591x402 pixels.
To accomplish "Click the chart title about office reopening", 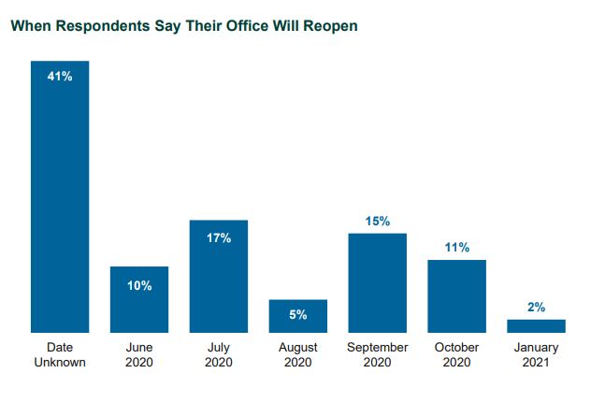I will click(x=184, y=26).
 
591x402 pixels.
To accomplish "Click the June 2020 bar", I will click(x=139, y=304).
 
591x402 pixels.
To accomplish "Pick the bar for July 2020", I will click(x=218, y=280).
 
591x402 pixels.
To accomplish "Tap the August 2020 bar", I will click(x=297, y=318).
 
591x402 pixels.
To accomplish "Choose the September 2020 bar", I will click(x=377, y=285).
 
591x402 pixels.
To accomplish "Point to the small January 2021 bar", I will click(x=536, y=325).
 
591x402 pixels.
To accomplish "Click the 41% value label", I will click(x=60, y=76).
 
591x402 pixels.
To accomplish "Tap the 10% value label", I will click(x=139, y=285).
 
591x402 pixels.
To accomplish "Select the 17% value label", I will click(x=218, y=238).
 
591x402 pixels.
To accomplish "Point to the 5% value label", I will click(x=297, y=315).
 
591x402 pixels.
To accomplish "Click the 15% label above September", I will click(x=377, y=221).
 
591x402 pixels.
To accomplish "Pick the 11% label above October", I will click(x=456, y=248).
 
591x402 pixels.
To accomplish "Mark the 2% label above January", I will click(x=536, y=307).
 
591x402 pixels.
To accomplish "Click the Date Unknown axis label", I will click(x=60, y=354).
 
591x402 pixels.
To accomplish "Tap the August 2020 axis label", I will click(x=297, y=354).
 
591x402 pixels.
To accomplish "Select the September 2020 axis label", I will click(x=377, y=354).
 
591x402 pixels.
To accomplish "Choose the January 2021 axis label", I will click(x=536, y=354).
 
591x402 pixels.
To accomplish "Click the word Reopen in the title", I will click(x=331, y=26).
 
